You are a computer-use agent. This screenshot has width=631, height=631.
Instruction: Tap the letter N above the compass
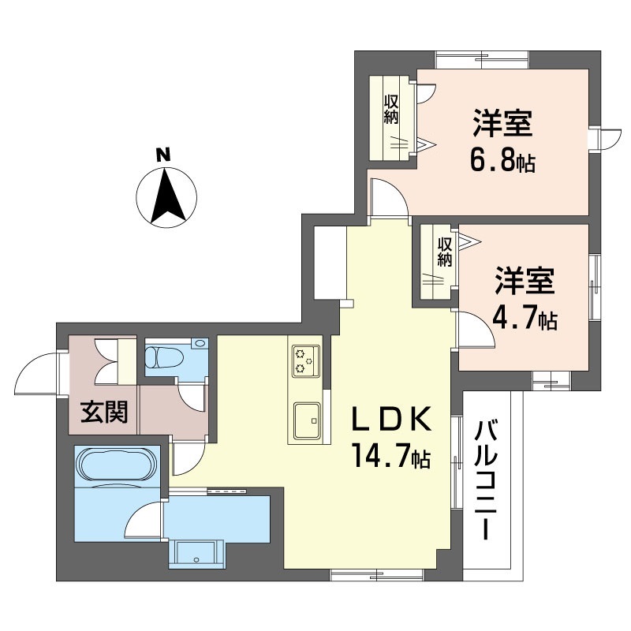[162, 155]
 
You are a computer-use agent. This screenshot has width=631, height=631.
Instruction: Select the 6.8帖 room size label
[505, 162]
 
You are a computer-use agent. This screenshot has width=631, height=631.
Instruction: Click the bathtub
[116, 465]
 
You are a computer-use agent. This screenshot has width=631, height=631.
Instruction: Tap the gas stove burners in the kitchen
[304, 360]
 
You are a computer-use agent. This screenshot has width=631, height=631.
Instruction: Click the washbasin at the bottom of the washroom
[196, 553]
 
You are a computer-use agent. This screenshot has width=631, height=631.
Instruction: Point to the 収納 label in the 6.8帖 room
[391, 110]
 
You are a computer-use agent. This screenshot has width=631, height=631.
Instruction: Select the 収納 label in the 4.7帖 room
[444, 252]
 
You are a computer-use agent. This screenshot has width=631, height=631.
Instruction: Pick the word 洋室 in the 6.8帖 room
[503, 125]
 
